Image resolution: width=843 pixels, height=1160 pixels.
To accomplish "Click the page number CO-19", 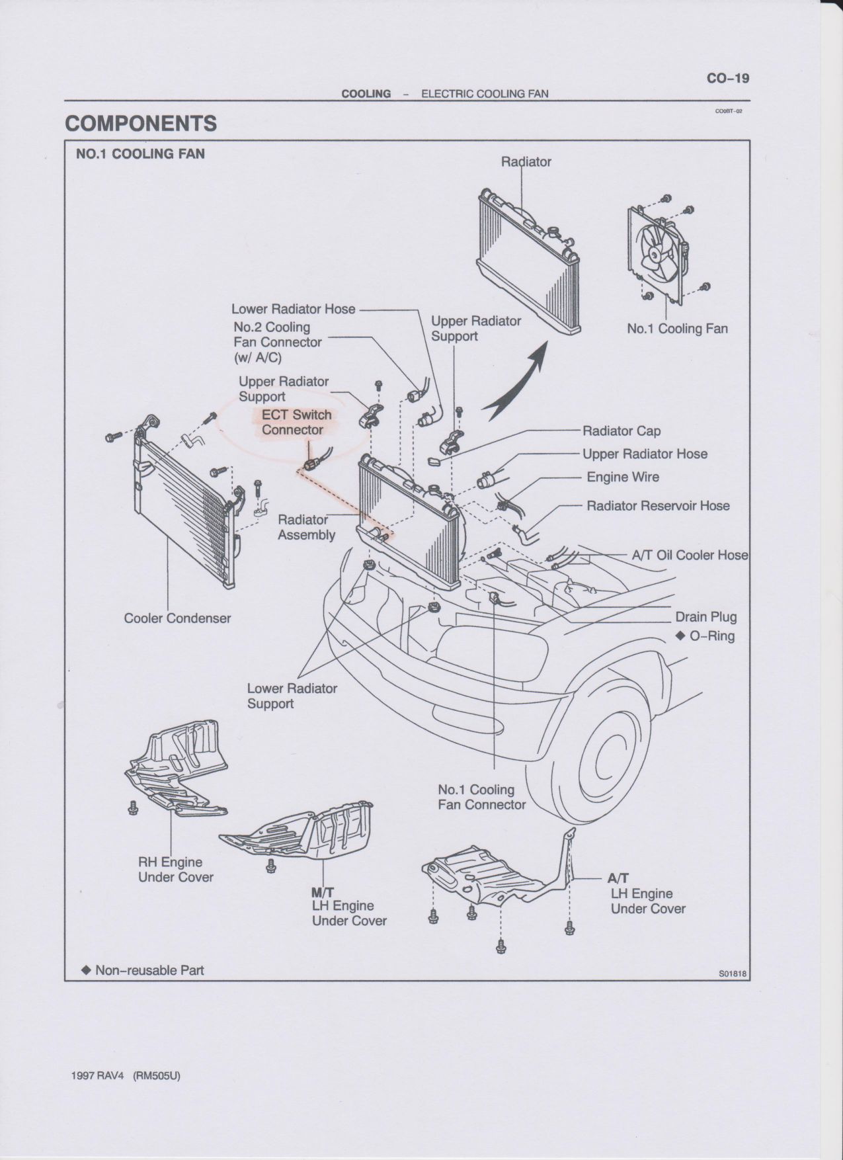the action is (728, 78).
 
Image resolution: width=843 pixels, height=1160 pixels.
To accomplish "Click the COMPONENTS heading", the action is (141, 124).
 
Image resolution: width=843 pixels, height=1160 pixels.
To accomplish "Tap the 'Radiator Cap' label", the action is (622, 431).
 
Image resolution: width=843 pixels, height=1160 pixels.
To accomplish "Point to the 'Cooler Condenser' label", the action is (178, 618).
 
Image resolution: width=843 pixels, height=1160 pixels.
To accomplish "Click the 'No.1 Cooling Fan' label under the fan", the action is (677, 329).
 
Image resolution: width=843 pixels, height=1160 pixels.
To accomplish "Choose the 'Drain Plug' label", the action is (706, 617).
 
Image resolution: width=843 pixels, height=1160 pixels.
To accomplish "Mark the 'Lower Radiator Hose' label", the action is (294, 309).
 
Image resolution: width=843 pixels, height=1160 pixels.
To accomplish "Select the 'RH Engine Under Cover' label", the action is (176, 870).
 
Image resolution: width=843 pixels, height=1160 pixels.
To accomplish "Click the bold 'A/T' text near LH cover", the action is (618, 878).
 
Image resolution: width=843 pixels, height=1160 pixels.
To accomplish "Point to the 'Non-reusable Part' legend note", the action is (142, 970).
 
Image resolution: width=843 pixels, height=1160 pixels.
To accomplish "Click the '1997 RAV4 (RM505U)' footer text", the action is (125, 1075).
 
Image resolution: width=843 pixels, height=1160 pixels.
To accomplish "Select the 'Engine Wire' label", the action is (623, 477).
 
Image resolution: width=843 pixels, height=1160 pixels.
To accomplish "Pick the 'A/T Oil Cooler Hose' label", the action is (690, 556).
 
